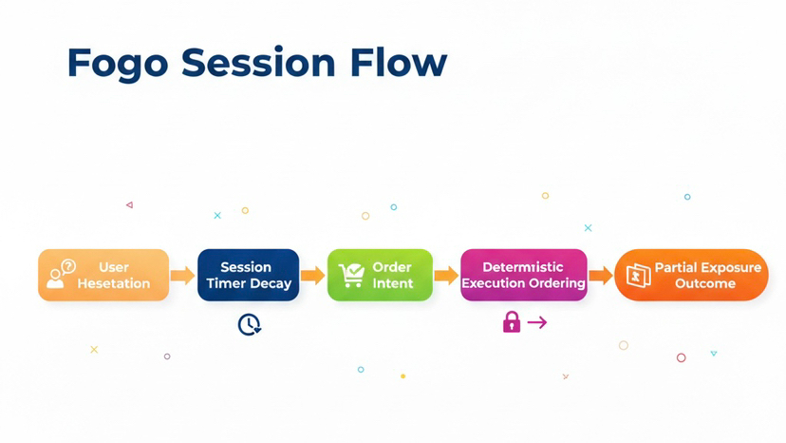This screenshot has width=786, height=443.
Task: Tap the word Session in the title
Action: (x=256, y=63)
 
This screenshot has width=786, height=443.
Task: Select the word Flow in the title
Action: (x=399, y=63)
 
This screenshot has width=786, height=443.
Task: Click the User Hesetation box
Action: (x=103, y=275)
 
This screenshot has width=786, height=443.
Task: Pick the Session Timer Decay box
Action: (x=248, y=275)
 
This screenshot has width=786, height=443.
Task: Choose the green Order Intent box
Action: (x=380, y=275)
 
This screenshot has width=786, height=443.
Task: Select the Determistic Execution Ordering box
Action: (x=523, y=275)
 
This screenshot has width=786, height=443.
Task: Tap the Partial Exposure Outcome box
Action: (x=691, y=275)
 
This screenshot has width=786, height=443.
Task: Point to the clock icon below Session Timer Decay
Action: (x=249, y=324)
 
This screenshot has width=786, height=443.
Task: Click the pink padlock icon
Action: (x=512, y=322)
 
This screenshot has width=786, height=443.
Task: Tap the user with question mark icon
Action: (x=61, y=274)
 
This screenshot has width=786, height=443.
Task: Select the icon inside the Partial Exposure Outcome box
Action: (x=638, y=276)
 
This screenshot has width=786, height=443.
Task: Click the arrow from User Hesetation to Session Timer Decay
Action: (x=182, y=276)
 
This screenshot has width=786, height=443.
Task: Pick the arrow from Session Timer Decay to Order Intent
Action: (x=312, y=276)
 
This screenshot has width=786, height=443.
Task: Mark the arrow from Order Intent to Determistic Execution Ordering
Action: (x=446, y=276)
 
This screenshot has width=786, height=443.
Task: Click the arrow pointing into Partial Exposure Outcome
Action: (x=600, y=276)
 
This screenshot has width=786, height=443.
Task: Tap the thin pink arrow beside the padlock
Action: (x=537, y=323)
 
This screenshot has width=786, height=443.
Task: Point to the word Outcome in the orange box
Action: (x=705, y=283)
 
